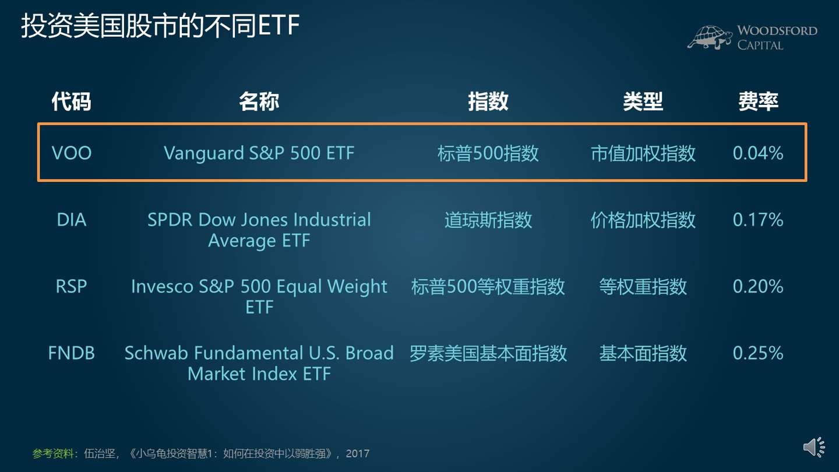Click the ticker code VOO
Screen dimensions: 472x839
tap(72, 153)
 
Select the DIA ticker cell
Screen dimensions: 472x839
tap(72, 220)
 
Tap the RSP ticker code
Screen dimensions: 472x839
tap(72, 286)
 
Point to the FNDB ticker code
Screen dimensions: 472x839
tap(72, 353)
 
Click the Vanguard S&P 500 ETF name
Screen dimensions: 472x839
tap(259, 153)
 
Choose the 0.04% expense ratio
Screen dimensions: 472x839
tap(758, 153)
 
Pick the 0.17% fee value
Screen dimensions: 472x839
tap(758, 220)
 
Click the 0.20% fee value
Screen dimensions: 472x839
tap(758, 286)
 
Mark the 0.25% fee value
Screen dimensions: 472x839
tap(758, 353)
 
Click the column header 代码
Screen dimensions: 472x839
tap(72, 101)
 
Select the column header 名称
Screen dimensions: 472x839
tap(259, 101)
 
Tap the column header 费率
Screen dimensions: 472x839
tap(758, 101)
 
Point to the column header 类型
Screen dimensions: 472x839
tap(643, 101)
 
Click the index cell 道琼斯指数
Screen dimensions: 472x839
tap(488, 220)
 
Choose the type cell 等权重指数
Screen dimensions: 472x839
tap(643, 286)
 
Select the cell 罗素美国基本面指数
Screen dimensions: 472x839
tap(488, 353)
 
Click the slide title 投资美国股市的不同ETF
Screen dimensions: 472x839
tap(160, 27)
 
